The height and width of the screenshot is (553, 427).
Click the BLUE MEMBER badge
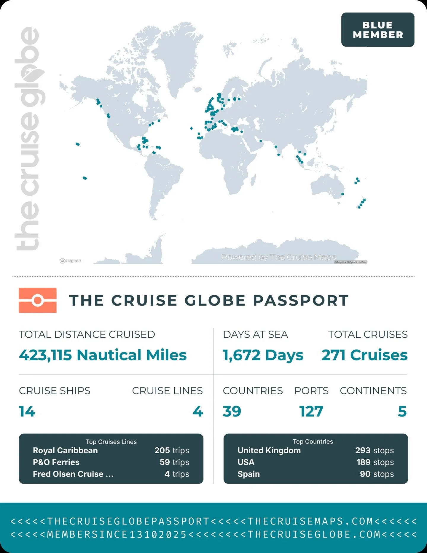(377, 30)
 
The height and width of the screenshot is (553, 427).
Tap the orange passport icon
(38, 300)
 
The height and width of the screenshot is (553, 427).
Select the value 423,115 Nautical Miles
(103, 355)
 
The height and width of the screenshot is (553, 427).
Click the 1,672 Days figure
(263, 355)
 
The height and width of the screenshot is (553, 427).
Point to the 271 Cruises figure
(364, 355)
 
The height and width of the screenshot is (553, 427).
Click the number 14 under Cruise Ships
(27, 411)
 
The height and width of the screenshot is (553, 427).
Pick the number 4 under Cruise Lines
(198, 411)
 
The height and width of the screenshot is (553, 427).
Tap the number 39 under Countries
(232, 411)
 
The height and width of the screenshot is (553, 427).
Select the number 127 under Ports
(311, 411)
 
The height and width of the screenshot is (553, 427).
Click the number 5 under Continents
(402, 411)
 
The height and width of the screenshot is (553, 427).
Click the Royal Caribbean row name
(65, 450)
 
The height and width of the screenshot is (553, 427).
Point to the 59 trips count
(174, 462)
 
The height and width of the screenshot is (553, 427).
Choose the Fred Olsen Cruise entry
(73, 474)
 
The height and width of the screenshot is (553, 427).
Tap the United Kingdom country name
(269, 450)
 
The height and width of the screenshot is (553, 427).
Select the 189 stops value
(375, 462)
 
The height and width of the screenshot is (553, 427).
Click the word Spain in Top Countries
(248, 474)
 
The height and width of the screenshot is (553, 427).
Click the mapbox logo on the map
(71, 261)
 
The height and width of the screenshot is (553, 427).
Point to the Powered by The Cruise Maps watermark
(278, 257)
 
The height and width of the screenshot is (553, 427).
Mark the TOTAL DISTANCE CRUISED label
(87, 334)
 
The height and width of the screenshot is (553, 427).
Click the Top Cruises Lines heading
(111, 442)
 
